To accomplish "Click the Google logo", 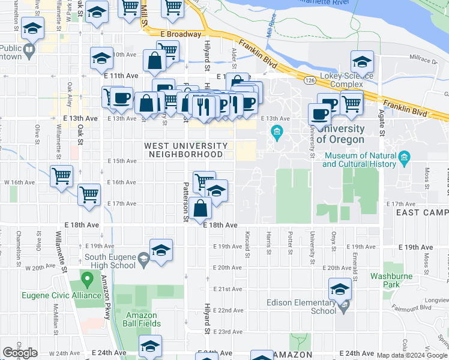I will tap(20, 353).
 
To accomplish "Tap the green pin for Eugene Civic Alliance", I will tap(88, 280).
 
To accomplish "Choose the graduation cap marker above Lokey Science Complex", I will tap(362, 62).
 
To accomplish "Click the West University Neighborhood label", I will tap(186, 150).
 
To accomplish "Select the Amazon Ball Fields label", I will tap(142, 319).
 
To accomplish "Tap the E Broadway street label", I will tap(181, 34).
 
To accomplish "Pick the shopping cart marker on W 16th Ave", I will tap(62, 176).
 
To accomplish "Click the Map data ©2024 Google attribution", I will tap(412, 355).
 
